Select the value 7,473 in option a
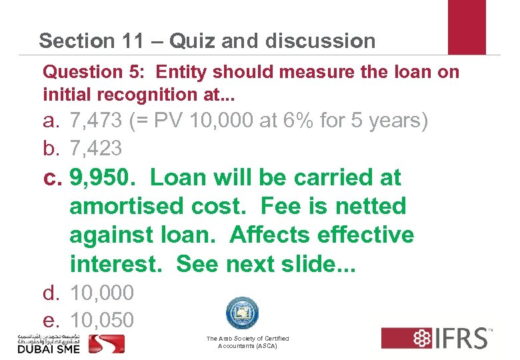[95, 122]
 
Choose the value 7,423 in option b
[95, 148]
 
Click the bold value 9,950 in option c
[102, 178]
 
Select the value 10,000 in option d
[102, 293]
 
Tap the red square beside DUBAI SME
[107, 343]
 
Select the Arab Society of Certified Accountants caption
[247, 343]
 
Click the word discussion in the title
[320, 41]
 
